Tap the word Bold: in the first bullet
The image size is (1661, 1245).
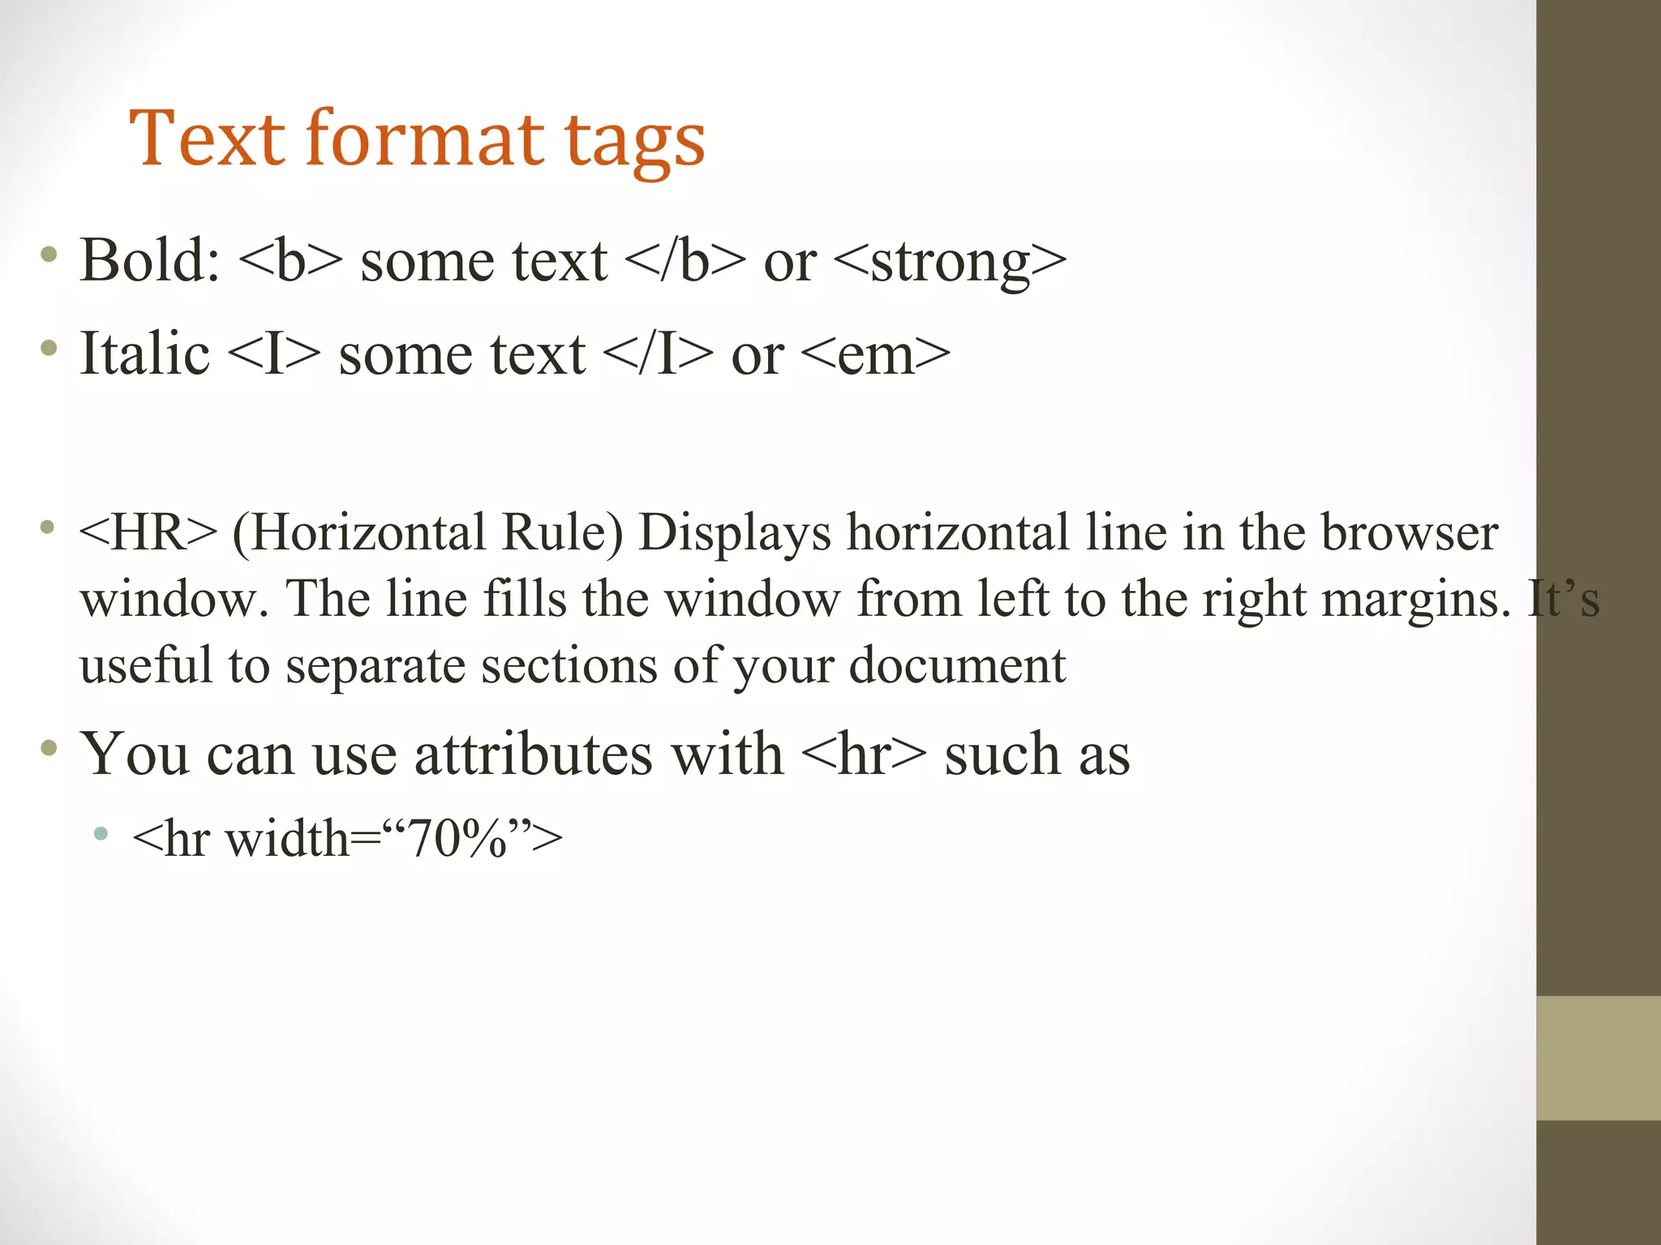click(x=150, y=260)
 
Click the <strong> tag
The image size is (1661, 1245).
click(x=950, y=262)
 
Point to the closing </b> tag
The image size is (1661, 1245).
click(x=685, y=260)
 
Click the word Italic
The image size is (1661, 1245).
click(x=145, y=353)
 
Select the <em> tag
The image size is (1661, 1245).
click(x=875, y=355)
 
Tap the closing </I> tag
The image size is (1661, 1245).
click(x=659, y=353)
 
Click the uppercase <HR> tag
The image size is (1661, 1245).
click(x=148, y=533)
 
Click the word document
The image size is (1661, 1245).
click(x=957, y=665)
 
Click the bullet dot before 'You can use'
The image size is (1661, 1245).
click(x=49, y=747)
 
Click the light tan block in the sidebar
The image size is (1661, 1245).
click(x=1598, y=1058)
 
